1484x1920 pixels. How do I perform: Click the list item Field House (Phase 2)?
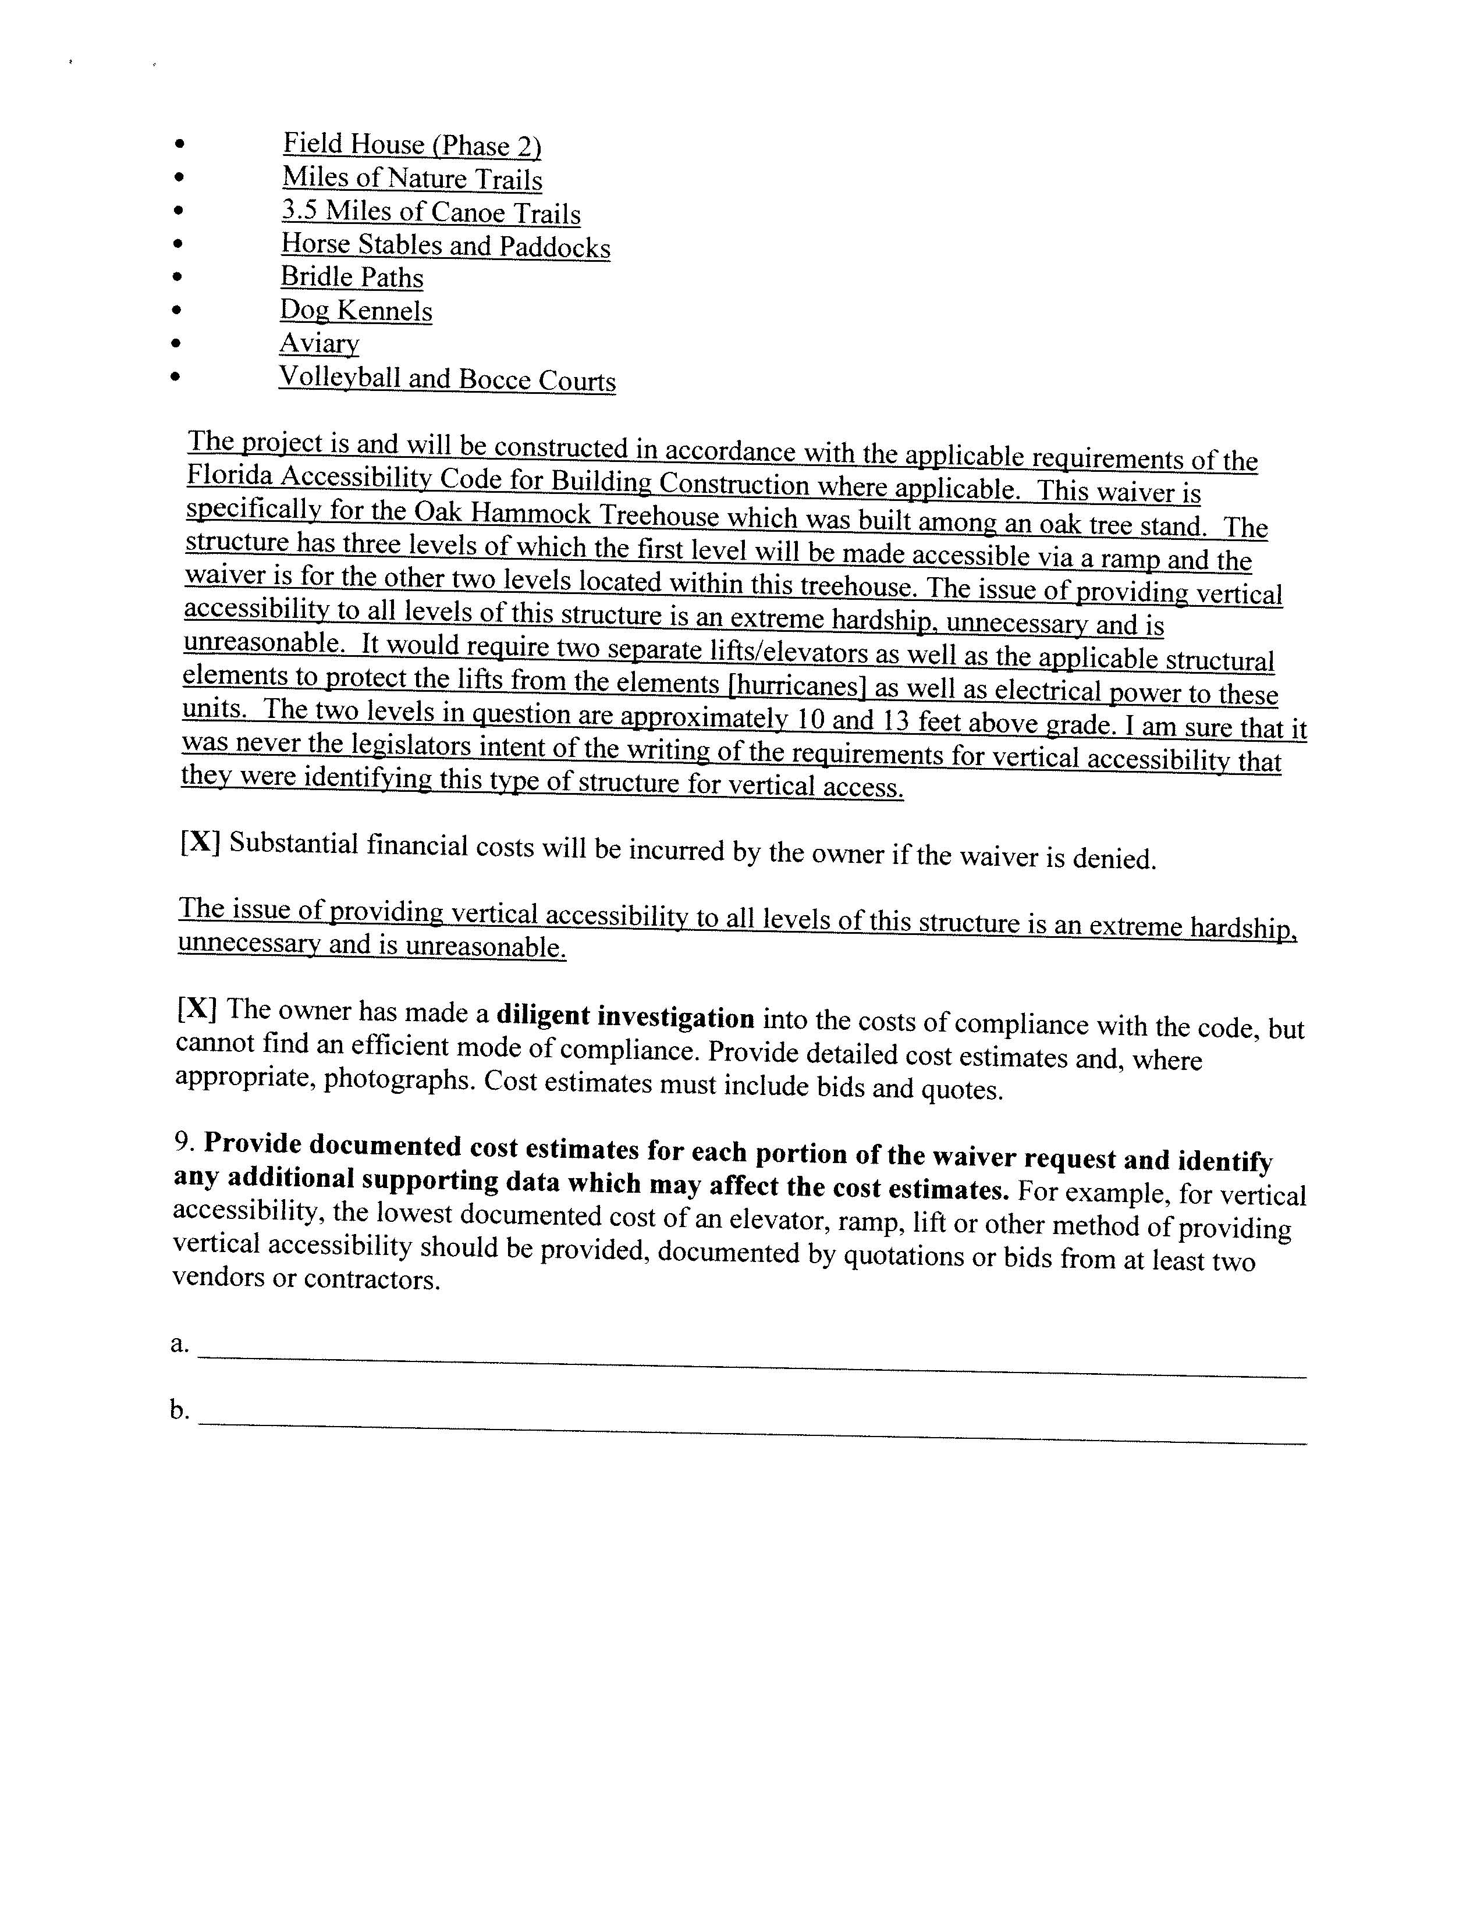click(x=411, y=145)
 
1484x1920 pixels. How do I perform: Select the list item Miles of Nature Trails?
click(x=411, y=179)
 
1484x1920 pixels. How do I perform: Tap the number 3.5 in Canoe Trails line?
click(x=299, y=211)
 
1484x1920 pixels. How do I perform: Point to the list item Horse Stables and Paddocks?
click(x=445, y=246)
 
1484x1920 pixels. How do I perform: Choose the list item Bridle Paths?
click(x=352, y=277)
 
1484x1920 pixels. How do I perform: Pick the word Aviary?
click(x=319, y=343)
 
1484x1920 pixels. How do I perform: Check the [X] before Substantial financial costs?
click(x=200, y=842)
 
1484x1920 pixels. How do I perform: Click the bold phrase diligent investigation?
click(x=625, y=1017)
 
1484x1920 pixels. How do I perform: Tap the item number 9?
click(x=183, y=1141)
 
